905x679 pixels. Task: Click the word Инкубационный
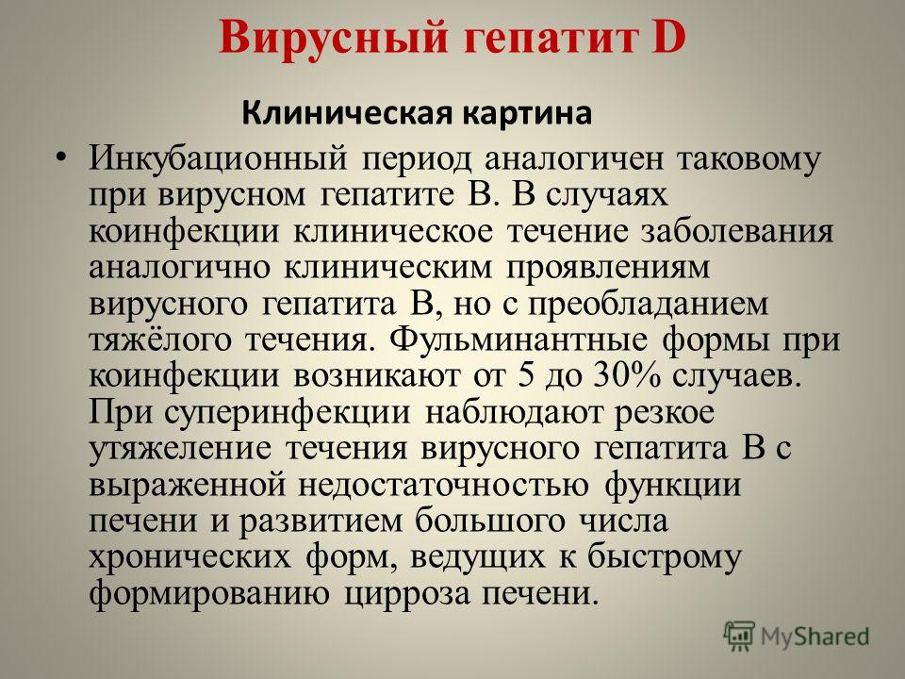pyautogui.click(x=218, y=158)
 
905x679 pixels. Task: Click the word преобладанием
pyautogui.click(x=649, y=303)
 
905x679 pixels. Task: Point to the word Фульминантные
pyautogui.click(x=518, y=339)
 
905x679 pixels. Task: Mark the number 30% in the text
pyautogui.click(x=626, y=375)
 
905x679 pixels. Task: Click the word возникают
pyautogui.click(x=377, y=377)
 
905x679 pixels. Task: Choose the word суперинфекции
pyautogui.click(x=288, y=413)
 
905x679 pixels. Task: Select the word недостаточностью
pyautogui.click(x=443, y=485)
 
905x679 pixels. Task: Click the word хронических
pyautogui.click(x=189, y=557)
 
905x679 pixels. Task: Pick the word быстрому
pyautogui.click(x=664, y=556)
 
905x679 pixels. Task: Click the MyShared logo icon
pyautogui.click(x=739, y=637)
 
